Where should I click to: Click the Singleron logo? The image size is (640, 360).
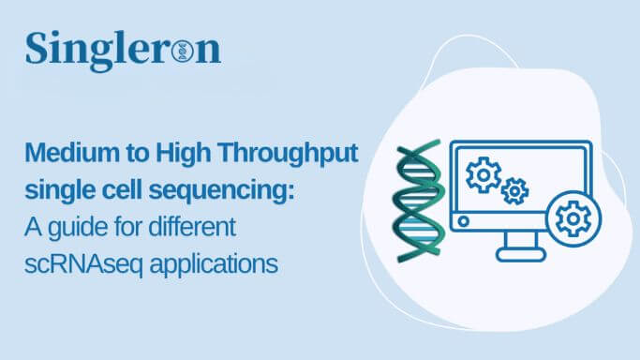point(123,50)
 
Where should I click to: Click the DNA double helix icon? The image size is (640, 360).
point(418,202)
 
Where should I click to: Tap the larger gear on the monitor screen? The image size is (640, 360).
point(484,175)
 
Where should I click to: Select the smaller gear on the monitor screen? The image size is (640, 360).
point(514,191)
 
